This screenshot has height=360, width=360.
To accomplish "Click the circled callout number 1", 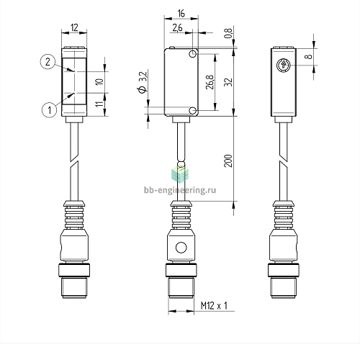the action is click(x=50, y=110).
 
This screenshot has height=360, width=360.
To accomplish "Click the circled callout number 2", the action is click(x=48, y=62).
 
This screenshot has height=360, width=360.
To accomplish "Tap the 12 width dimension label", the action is click(x=74, y=27).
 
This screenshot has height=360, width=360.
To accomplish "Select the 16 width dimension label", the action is click(x=181, y=14).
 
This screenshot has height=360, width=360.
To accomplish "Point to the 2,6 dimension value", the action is click(x=177, y=28).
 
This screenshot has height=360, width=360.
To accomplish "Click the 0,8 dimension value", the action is click(x=228, y=33).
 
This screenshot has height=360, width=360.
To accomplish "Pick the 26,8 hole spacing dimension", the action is click(x=210, y=82).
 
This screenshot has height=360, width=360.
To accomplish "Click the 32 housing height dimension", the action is click(x=228, y=82).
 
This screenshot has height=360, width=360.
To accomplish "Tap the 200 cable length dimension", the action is click(x=228, y=161).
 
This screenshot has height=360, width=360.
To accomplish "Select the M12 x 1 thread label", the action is click(x=214, y=306).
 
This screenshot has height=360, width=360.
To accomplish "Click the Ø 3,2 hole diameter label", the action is click(x=142, y=82).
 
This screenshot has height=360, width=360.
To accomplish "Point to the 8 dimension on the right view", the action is click(x=308, y=57).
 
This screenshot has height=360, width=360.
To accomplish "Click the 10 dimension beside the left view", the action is click(x=99, y=81).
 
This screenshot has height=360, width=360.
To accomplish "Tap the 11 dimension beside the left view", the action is click(x=99, y=104).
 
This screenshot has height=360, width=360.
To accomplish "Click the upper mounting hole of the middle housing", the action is click(x=192, y=54).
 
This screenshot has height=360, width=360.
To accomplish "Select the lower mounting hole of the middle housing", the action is click(x=192, y=111).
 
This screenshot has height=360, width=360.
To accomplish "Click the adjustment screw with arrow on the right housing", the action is click(x=283, y=65).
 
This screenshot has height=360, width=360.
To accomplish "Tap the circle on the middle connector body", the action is click(x=181, y=248).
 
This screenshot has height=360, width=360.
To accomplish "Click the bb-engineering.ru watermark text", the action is click(x=180, y=190).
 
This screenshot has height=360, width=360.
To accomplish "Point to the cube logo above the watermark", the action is click(x=180, y=174).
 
